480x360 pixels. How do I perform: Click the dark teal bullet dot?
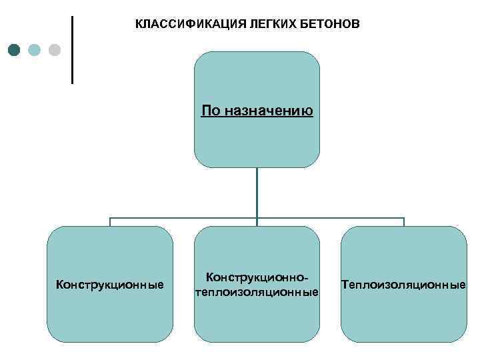tap(15, 50)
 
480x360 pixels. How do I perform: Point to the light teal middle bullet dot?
tap(35, 50)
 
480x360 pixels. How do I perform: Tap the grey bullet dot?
tap(55, 50)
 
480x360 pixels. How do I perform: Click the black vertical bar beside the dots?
tap(72, 49)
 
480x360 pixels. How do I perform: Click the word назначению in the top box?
tap(267, 109)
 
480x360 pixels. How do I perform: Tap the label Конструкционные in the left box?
tap(110, 285)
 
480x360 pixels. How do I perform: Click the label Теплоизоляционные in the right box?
tap(403, 285)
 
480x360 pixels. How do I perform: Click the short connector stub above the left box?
tap(111, 222)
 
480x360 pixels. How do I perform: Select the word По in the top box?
tap(209, 109)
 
